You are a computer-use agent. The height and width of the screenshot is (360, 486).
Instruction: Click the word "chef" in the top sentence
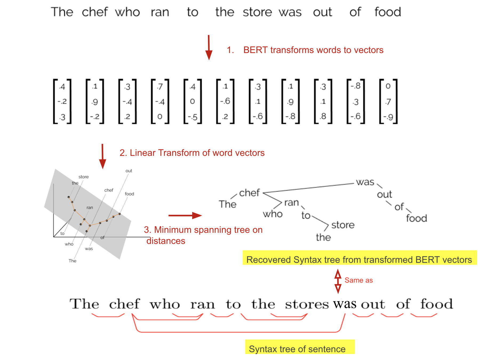coord(94,12)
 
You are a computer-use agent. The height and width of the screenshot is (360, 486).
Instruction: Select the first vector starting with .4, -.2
coord(62,101)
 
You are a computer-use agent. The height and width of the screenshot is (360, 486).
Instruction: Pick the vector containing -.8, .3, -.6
coord(356,101)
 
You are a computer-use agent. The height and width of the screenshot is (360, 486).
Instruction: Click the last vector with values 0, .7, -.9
coord(388,101)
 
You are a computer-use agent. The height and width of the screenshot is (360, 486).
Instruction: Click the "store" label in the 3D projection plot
coord(83,177)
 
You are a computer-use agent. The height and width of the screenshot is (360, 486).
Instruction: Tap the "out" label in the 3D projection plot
coord(129,171)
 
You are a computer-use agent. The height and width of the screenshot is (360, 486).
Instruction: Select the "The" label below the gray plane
coord(72,261)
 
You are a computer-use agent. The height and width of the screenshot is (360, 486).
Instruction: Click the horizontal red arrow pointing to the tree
coord(185,215)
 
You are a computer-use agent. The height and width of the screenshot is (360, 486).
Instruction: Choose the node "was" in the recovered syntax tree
coord(365,182)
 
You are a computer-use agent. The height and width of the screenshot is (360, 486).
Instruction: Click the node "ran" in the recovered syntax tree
coord(291,203)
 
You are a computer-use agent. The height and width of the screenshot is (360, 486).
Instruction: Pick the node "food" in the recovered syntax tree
coord(416,218)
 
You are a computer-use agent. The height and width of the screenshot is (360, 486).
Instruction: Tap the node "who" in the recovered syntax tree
coord(272,214)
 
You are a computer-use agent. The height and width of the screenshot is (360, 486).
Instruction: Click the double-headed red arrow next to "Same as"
coord(338,281)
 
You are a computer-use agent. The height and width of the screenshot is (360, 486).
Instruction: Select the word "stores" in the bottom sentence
coord(307,304)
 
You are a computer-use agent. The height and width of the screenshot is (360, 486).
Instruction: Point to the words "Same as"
coord(359,280)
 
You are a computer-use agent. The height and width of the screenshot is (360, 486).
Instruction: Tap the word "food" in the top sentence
coord(388,12)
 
